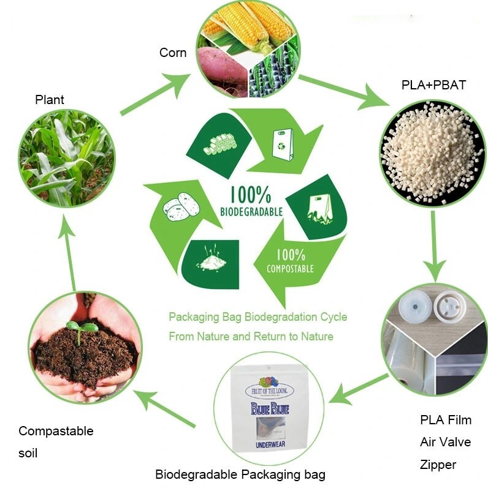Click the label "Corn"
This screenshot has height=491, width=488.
coord(173,53)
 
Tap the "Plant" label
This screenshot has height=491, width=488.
coord(50,100)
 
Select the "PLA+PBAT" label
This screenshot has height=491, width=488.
coord(433,85)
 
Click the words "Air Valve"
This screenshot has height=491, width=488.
coord(446,442)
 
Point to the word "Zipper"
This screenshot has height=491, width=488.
coord(438,465)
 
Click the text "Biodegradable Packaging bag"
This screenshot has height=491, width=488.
coord(240,474)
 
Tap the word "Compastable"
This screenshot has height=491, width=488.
coord(56,431)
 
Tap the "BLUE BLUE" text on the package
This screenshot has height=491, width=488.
coord(269,410)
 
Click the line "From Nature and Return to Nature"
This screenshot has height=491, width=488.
coord(251,336)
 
